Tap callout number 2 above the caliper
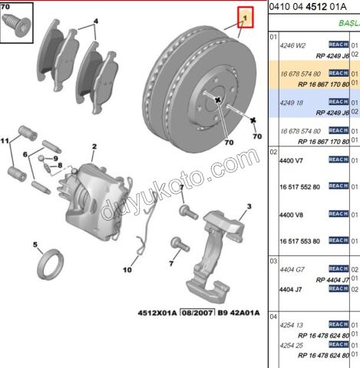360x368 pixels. click(94, 146)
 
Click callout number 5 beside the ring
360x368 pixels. click(35, 245)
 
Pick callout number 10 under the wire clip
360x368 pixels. click(127, 270)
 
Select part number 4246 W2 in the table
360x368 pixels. click(291, 44)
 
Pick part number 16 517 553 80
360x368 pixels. click(295, 241)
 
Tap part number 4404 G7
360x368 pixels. click(290, 269)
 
